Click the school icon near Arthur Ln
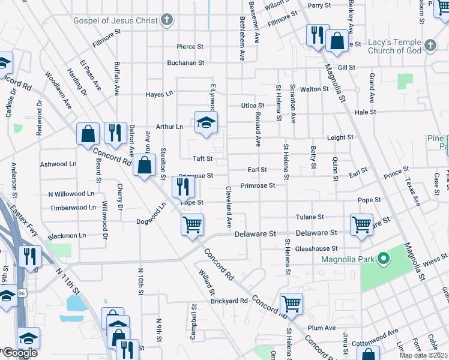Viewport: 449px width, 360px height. point(206,123)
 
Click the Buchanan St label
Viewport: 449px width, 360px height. point(186,62)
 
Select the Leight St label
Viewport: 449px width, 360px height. point(340,137)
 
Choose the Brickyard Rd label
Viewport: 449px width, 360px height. point(229,301)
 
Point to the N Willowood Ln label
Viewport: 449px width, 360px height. point(71,194)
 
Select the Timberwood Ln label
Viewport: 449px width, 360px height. point(73,208)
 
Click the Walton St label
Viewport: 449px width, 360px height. point(315,89)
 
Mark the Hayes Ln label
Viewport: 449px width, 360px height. point(160,94)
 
